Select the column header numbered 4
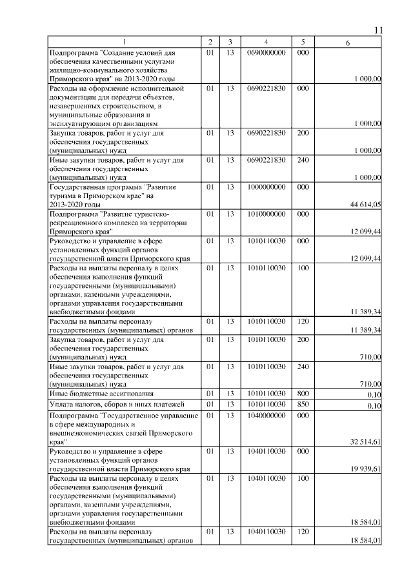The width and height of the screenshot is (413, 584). tap(265, 43)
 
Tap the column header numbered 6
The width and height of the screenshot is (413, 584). tap(348, 43)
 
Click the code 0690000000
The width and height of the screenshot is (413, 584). tap(265, 52)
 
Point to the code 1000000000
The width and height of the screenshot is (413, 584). tap(265, 186)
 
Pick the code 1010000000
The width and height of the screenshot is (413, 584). tap(265, 213)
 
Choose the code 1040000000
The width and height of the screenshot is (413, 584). tap(265, 416)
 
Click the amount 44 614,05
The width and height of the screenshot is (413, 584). tap(365, 205)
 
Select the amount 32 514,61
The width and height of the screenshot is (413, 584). tap(365, 441)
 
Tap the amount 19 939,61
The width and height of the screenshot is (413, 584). tap(365, 469)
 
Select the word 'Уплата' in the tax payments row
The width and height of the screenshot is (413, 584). tap(63, 405)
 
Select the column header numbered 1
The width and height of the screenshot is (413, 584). tap(125, 43)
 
